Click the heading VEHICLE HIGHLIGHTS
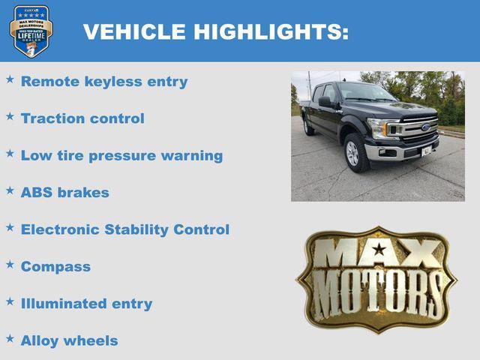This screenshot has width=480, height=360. (x=215, y=32)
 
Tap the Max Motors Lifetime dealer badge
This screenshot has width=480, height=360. (x=31, y=31)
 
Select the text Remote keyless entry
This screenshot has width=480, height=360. (x=104, y=82)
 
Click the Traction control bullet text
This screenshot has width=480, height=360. (x=82, y=118)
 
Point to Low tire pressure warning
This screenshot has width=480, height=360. (x=121, y=156)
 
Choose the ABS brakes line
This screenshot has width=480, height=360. (x=64, y=193)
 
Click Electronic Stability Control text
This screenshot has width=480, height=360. (x=124, y=229)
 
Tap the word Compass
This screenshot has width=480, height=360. (x=55, y=267)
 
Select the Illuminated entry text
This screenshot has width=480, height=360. (x=86, y=304)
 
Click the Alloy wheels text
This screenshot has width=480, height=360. (x=69, y=340)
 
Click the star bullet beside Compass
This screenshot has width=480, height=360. (x=10, y=264)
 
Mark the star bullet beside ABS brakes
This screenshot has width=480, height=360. (x=10, y=190)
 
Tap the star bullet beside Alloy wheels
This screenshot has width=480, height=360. (x=10, y=338)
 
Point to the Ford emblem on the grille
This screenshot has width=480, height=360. (x=425, y=127)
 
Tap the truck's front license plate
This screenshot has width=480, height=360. (x=427, y=151)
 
